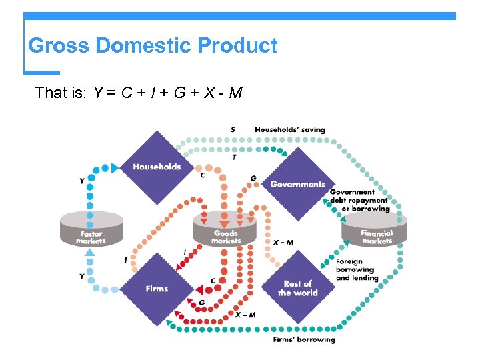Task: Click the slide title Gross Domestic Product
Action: [153, 46]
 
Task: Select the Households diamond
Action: [157, 167]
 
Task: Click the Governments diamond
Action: [297, 184]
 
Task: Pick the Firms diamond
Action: [157, 288]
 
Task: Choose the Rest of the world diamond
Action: [297, 288]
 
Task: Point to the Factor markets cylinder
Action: [91, 229]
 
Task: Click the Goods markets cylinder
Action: [225, 229]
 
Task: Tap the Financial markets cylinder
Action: [377, 229]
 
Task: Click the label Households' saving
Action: [289, 129]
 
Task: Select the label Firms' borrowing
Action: [304, 340]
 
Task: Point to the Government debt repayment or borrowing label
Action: [359, 200]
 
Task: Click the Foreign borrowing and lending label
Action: [357, 269]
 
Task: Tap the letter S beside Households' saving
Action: [233, 129]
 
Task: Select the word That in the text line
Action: [50, 93]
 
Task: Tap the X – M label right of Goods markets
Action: [283, 243]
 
